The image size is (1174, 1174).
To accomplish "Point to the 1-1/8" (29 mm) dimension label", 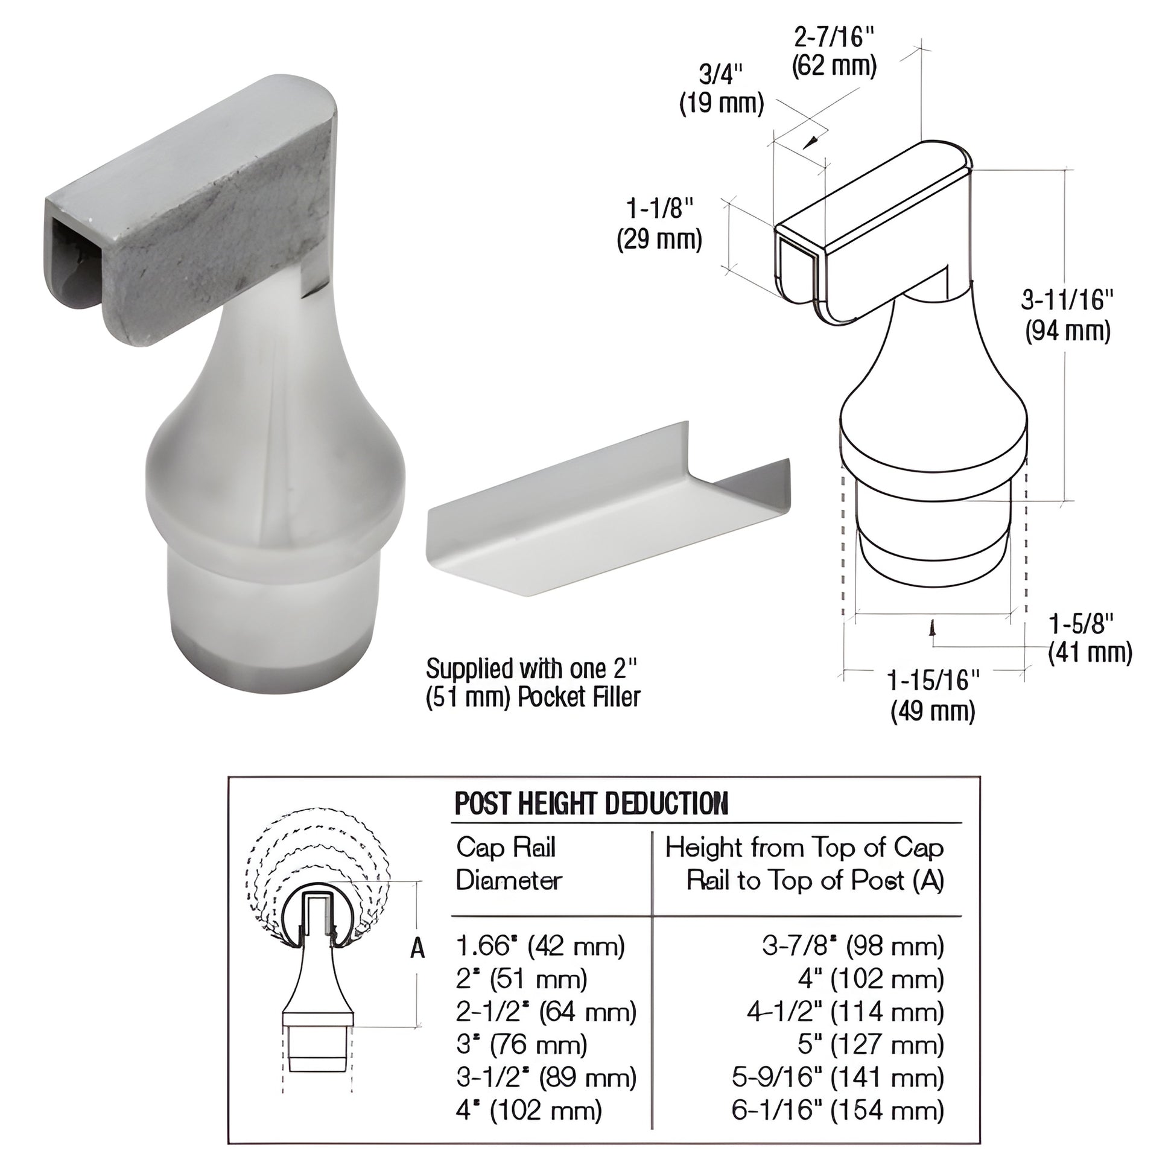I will tap(659, 224).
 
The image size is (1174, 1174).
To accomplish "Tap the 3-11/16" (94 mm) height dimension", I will tap(1068, 316).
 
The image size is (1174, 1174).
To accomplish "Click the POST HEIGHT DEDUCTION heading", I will tap(591, 804).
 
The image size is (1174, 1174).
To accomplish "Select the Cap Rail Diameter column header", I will tap(509, 863).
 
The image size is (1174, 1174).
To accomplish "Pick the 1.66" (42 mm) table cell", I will tap(540, 946).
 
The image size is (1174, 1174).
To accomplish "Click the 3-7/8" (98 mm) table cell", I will tap(853, 946).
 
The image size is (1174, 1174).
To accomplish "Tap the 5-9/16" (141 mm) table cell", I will tap(838, 1077).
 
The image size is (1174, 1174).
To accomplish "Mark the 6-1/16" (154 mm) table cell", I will tap(838, 1110).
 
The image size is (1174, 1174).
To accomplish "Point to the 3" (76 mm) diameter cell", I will tap(521, 1044).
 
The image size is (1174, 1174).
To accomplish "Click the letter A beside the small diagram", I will tap(417, 948).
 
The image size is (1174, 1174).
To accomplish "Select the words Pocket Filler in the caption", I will tap(579, 697).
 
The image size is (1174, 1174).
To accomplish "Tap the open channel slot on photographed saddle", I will tap(76, 261).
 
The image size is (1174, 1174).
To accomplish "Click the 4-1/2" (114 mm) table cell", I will tap(845, 1012).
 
